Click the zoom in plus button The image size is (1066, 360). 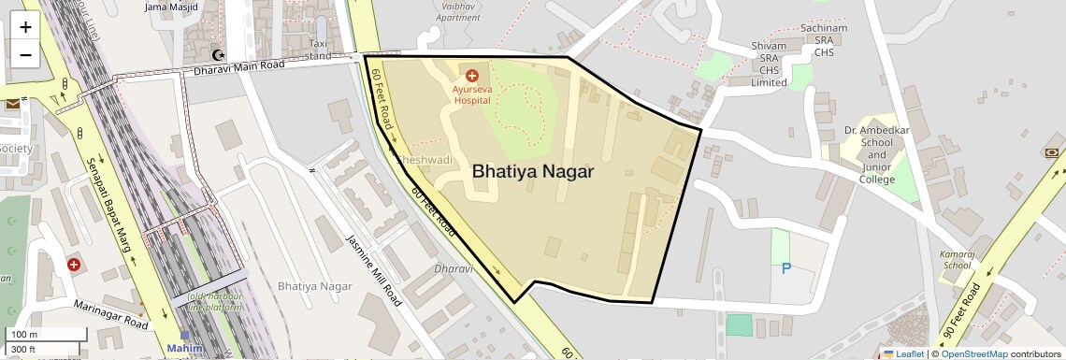(x=25, y=26)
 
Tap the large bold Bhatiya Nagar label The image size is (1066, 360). (x=533, y=172)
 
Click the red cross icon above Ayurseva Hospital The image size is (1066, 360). (x=471, y=75)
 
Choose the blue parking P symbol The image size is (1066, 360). (x=786, y=269)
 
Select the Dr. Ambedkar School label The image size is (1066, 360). (x=876, y=155)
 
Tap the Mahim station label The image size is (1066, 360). (x=184, y=349)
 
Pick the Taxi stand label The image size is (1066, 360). (x=320, y=50)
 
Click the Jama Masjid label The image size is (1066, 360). (x=172, y=7)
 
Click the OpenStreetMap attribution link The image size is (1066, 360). (x=973, y=353)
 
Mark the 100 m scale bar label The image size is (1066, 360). (x=24, y=335)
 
